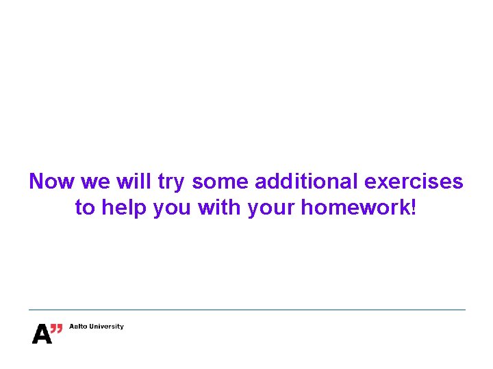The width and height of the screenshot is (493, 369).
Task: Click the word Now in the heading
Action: (x=52, y=182)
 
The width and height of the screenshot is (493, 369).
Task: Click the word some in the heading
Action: (x=221, y=182)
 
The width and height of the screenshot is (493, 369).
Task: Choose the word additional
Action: (x=307, y=182)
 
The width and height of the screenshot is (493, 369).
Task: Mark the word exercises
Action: (x=414, y=182)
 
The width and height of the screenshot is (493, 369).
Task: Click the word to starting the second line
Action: (x=85, y=208)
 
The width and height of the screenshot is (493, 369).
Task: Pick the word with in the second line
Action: (x=220, y=208)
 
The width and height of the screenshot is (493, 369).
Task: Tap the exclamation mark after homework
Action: (x=412, y=208)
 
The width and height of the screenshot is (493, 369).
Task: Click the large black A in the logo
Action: (x=41, y=334)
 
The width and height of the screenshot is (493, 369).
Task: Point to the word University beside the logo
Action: (x=106, y=327)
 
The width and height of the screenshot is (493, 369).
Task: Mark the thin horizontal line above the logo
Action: (x=246, y=310)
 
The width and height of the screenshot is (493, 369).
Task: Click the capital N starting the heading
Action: (x=37, y=182)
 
